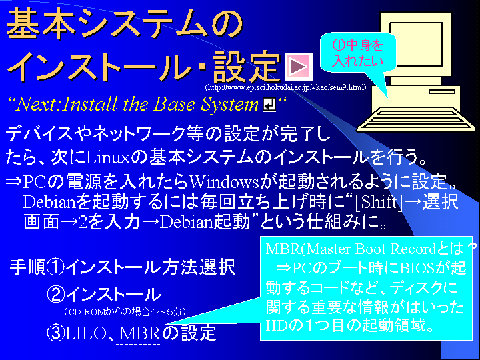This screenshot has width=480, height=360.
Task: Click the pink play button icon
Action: click(x=299, y=67)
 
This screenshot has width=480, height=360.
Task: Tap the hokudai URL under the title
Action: click(x=285, y=87)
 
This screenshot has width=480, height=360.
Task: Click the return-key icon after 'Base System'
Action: click(x=269, y=105)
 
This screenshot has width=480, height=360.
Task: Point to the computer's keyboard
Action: click(x=417, y=119)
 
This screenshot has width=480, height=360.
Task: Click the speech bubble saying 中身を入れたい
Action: click(x=358, y=53)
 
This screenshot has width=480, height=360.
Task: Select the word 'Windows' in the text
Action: click(x=224, y=182)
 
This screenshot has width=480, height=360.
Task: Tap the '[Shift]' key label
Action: click(x=379, y=202)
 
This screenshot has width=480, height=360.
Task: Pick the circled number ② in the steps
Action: click(x=56, y=294)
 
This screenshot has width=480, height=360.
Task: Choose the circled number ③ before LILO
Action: click(x=56, y=333)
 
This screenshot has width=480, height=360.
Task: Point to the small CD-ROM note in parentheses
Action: click(x=125, y=312)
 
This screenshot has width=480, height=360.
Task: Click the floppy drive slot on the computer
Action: click(x=442, y=91)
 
